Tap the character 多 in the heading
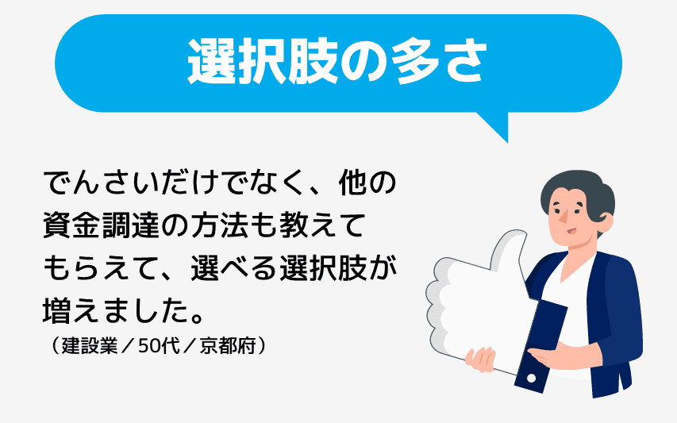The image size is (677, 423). [x=403, y=62]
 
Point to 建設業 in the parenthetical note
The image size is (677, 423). [x=87, y=347]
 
